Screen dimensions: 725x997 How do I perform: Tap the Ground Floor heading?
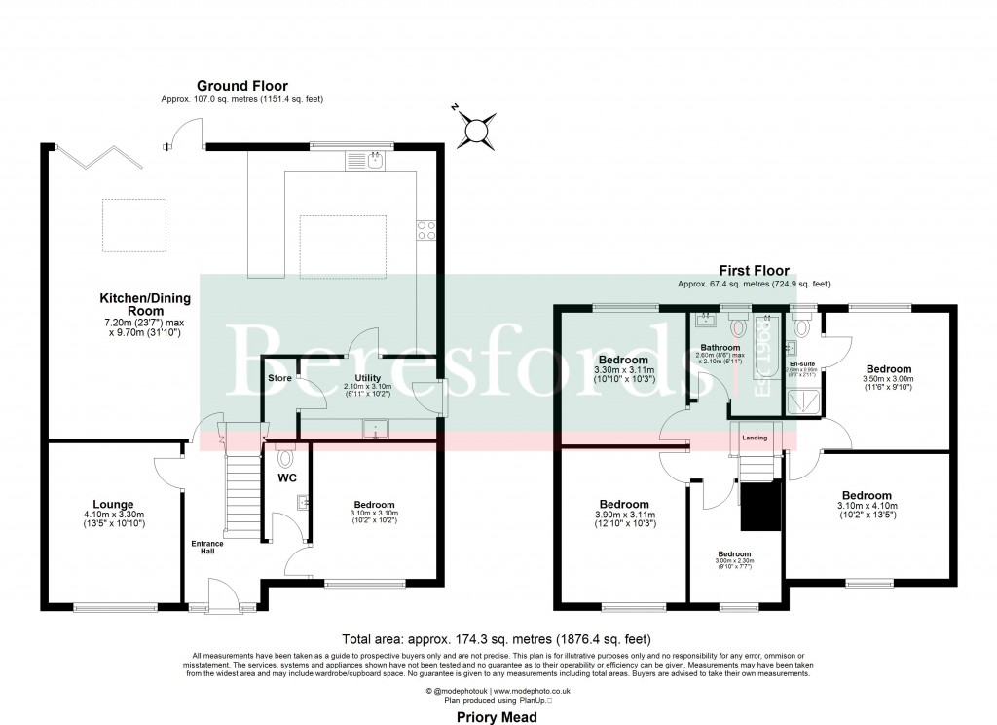[x=242, y=86]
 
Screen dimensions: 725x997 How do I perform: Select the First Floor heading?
[x=754, y=271]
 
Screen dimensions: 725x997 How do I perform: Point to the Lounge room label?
[x=113, y=504]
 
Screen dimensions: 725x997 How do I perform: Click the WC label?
[x=286, y=478]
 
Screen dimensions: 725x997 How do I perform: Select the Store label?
[x=280, y=378]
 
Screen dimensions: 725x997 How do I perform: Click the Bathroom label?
[x=721, y=348]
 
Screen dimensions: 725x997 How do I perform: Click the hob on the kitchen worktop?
[x=426, y=230]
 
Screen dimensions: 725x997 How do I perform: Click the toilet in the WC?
[x=285, y=455]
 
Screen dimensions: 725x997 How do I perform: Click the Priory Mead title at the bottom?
[x=497, y=716]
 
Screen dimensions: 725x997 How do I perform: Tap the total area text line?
[x=498, y=639]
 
